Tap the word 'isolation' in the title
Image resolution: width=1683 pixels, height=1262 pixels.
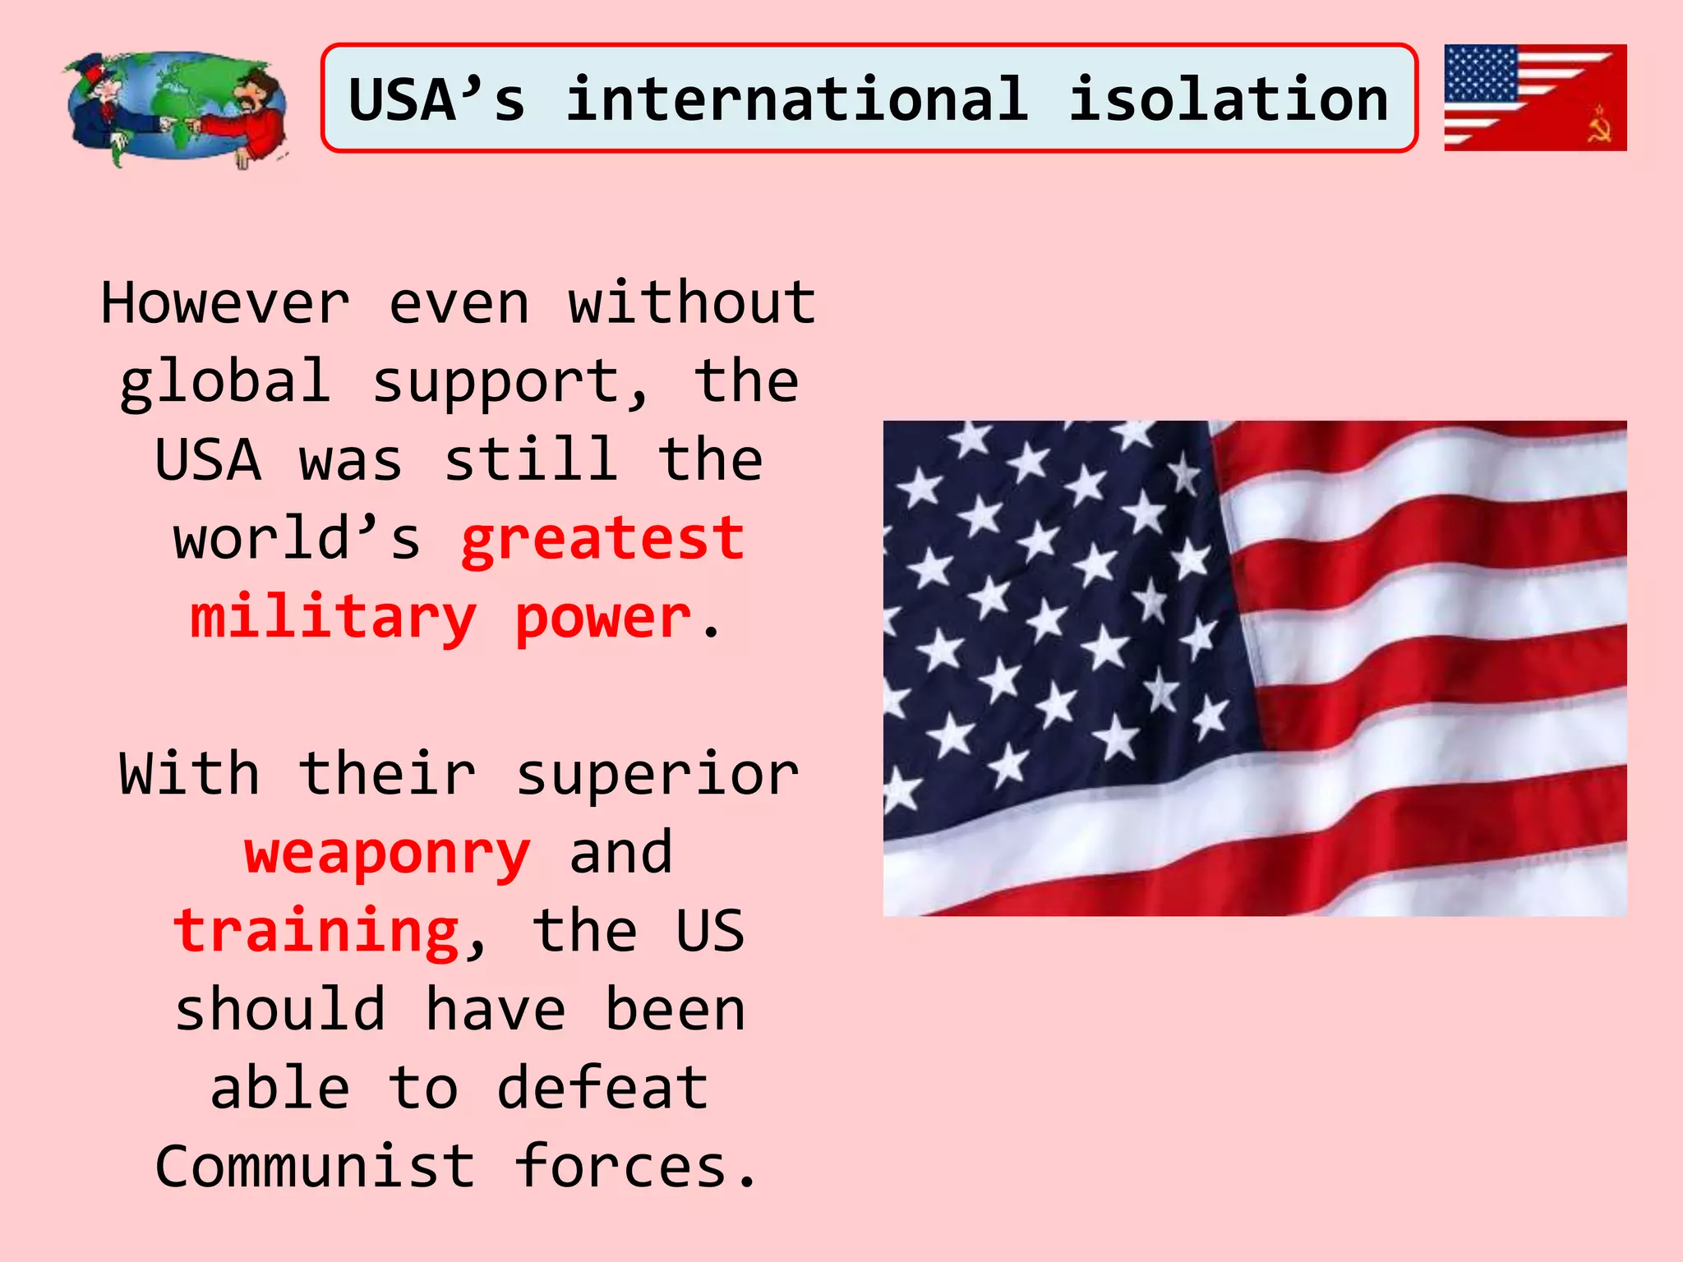pos(1228,99)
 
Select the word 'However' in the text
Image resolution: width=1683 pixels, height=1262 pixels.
pos(225,303)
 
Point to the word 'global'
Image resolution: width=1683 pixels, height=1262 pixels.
pos(225,382)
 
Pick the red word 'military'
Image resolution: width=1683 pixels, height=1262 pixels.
pos(333,618)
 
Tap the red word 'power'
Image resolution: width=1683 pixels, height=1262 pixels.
pos(602,618)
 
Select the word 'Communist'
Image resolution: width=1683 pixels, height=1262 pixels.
pos(315,1167)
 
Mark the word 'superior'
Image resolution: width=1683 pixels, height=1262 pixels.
pos(657,775)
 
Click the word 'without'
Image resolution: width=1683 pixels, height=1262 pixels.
pos(692,303)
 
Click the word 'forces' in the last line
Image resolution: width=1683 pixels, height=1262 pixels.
pos(622,1167)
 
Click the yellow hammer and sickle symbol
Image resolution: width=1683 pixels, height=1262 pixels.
pos(1599,125)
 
